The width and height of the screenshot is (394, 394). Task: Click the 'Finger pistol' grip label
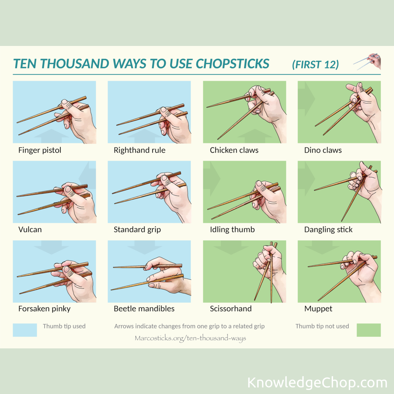tap(40, 150)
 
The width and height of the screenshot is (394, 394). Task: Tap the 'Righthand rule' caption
tap(139, 150)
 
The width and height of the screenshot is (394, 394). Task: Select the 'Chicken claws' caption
tap(234, 150)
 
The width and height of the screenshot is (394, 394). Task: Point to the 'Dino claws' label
tap(323, 150)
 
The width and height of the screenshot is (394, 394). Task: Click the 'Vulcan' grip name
tap(30, 229)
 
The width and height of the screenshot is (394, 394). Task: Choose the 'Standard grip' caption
tap(137, 230)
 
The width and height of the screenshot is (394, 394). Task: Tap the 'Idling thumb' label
tap(232, 230)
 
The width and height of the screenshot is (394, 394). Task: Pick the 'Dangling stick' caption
tap(328, 230)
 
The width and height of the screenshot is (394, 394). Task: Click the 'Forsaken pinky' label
tap(44, 309)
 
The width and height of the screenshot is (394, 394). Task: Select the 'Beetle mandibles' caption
tap(144, 309)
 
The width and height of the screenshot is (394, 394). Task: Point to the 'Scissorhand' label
tap(231, 309)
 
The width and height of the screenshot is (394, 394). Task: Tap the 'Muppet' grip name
tap(318, 309)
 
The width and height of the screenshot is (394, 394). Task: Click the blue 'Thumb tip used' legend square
tap(25, 330)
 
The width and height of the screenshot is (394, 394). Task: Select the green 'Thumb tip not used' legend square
tap(368, 330)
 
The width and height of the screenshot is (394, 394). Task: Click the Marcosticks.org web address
tap(190, 338)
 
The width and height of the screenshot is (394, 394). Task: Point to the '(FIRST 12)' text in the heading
tap(315, 65)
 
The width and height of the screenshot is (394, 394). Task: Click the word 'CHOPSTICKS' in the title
tap(232, 63)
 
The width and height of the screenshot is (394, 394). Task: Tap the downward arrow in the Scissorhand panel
tap(231, 247)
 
